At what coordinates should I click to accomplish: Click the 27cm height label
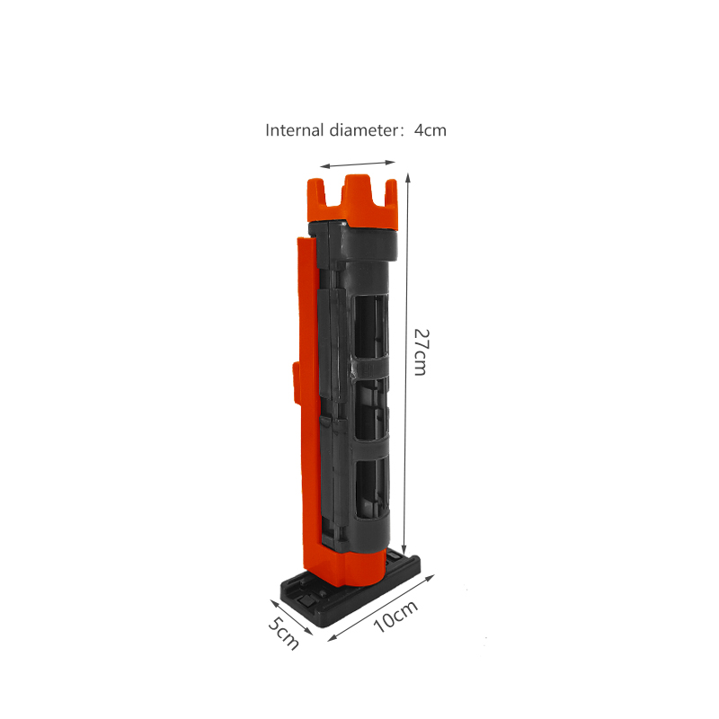coord(421,351)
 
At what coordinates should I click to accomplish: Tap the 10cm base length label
coord(395,616)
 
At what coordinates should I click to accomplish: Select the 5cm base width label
coord(284,634)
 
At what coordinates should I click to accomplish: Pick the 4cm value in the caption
coord(431,130)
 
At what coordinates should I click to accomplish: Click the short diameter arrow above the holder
coord(358,164)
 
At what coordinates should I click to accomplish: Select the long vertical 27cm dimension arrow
coord(406,364)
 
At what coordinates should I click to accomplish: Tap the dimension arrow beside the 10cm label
coord(381,608)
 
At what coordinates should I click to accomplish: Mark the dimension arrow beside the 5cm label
coord(291,617)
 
